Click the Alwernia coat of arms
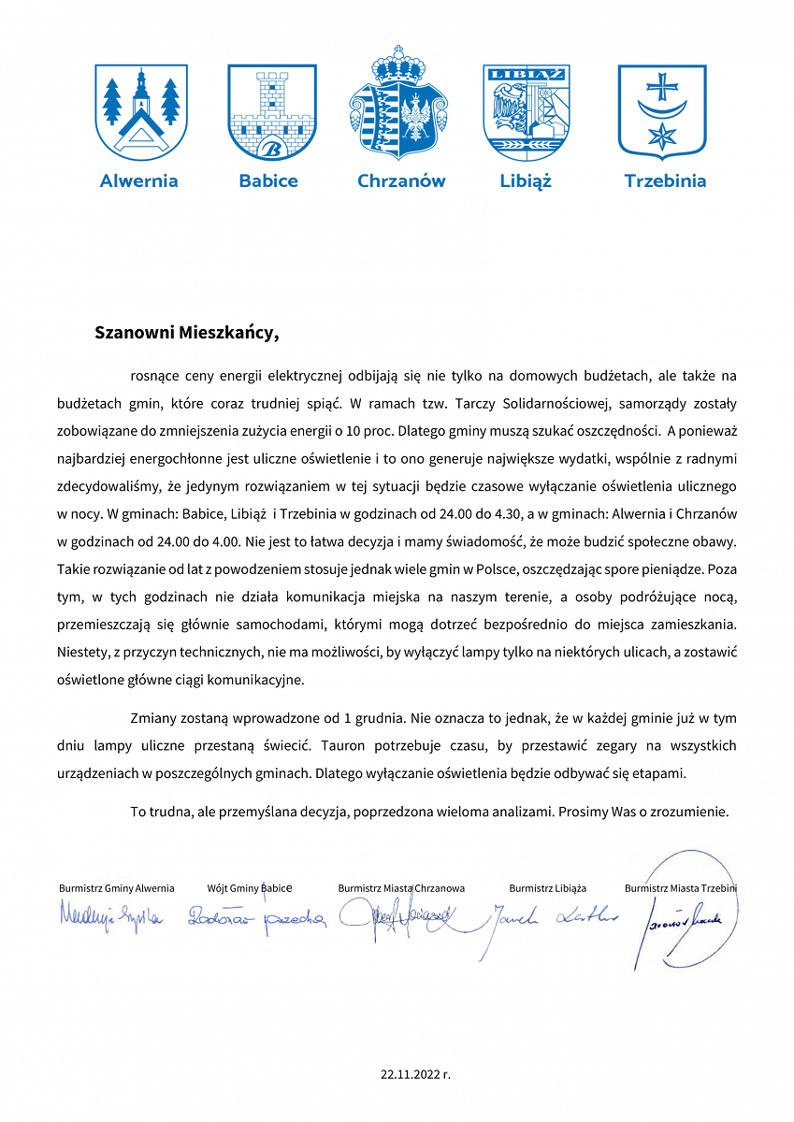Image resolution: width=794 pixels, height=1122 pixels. (142, 110)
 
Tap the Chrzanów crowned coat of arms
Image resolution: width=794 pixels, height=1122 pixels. (400, 104)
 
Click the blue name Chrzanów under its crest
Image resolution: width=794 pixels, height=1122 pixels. (401, 181)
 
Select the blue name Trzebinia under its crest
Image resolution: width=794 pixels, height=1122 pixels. (665, 181)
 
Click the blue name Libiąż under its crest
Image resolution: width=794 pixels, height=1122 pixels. (526, 181)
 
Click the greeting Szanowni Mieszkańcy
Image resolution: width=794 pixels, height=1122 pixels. (187, 332)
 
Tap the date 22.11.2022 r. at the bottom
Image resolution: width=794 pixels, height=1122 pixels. (415, 1074)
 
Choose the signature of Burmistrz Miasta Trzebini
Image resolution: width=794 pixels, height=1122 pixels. (688, 918)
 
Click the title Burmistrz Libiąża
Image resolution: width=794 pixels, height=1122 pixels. (547, 888)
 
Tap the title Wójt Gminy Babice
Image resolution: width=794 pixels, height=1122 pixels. (250, 888)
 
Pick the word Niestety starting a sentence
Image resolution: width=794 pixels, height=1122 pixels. (82, 654)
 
